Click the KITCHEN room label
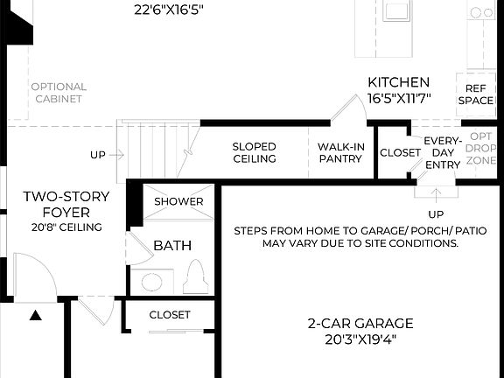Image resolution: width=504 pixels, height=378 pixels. pyautogui.click(x=398, y=81)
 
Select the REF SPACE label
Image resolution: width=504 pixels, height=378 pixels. pyautogui.click(x=475, y=94)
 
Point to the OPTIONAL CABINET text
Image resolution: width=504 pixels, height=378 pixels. pyautogui.click(x=59, y=93)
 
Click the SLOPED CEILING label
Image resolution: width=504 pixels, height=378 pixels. pyautogui.click(x=255, y=152)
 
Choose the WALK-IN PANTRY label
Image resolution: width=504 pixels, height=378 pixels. pyautogui.click(x=339, y=152)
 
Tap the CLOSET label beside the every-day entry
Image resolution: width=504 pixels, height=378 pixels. pyautogui.click(x=400, y=152)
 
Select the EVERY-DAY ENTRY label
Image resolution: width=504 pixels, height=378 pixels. pyautogui.click(x=442, y=152)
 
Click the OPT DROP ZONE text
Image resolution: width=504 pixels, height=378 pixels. pyautogui.click(x=480, y=150)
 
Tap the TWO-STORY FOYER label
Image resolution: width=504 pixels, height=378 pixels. pyautogui.click(x=67, y=204)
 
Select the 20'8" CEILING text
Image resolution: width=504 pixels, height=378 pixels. pyautogui.click(x=67, y=227)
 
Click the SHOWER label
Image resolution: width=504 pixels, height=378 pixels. pyautogui.click(x=178, y=201)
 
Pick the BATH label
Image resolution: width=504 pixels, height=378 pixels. pyautogui.click(x=172, y=246)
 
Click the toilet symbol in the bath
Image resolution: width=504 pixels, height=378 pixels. pyautogui.click(x=195, y=277)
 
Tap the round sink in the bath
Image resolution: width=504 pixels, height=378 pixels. pyautogui.click(x=151, y=282)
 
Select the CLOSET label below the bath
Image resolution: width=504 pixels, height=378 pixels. pyautogui.click(x=170, y=314)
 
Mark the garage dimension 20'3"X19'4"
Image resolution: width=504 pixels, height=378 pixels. pyautogui.click(x=360, y=339)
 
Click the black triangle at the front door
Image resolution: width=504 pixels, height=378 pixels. pyautogui.click(x=36, y=316)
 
